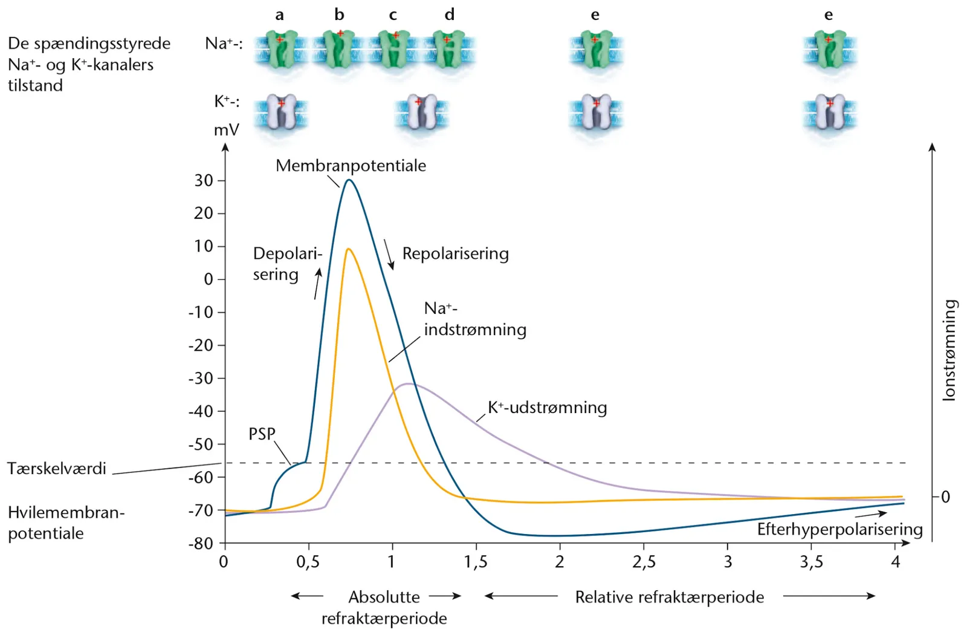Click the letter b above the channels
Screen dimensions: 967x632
[x=339, y=15]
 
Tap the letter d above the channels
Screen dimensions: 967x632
[x=450, y=15]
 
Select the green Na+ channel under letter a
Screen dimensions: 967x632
[x=281, y=49]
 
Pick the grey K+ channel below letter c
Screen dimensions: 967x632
[x=422, y=112]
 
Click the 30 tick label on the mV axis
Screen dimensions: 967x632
[x=204, y=181]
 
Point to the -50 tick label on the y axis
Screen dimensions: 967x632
[x=201, y=444]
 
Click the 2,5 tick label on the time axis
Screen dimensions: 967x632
[x=644, y=562]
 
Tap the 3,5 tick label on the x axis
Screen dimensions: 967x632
[x=812, y=562]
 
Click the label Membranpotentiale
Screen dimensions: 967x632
[x=351, y=166]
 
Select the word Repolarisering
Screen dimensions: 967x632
[x=456, y=253]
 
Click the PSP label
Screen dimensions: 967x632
[x=262, y=434]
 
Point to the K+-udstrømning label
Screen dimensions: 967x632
[x=548, y=408]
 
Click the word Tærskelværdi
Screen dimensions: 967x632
[x=57, y=468]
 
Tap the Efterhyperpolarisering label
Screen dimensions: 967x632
[x=839, y=529]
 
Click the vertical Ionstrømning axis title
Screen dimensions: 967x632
[x=949, y=350]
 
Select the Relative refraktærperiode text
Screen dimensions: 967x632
[x=670, y=597]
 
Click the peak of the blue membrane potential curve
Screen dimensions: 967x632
[x=349, y=180]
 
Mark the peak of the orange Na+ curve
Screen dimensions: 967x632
[x=348, y=249]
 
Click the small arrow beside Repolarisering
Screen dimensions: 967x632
[x=389, y=255]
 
